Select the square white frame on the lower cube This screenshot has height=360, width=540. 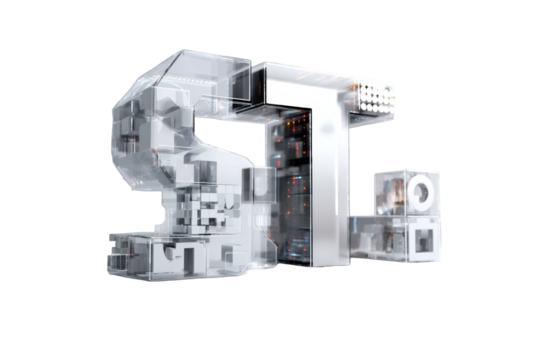[x=424, y=239]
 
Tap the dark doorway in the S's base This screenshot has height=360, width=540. [x=187, y=260]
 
